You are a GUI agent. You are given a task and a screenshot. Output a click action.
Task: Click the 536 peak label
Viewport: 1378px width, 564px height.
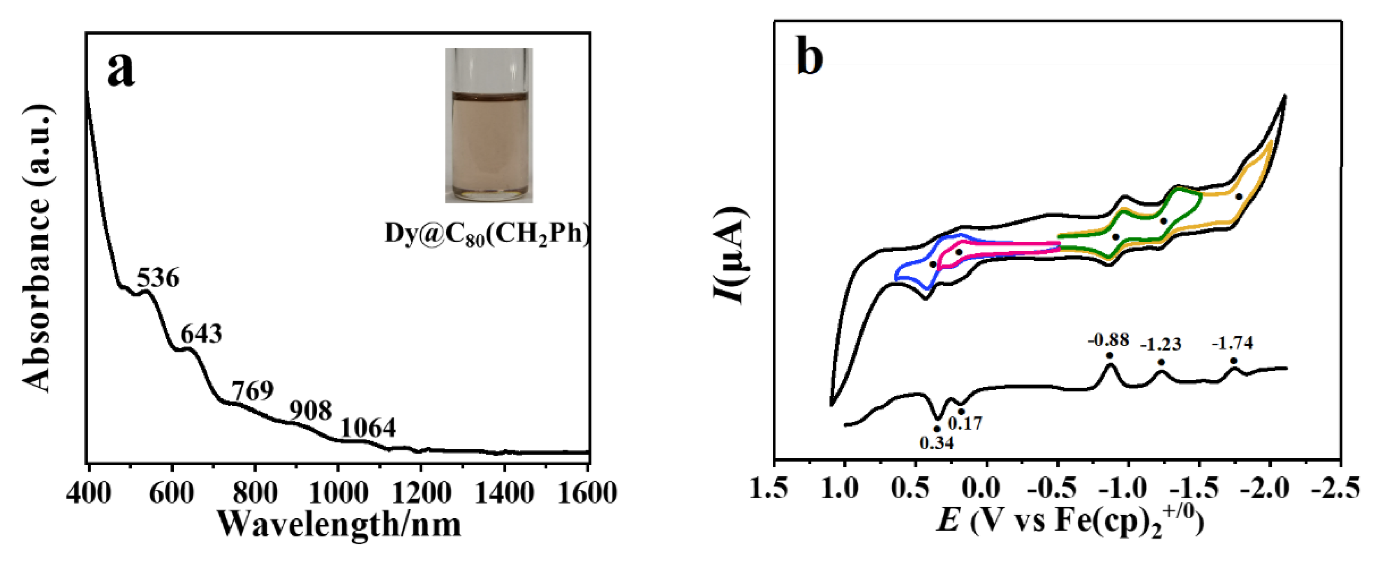[x=158, y=279]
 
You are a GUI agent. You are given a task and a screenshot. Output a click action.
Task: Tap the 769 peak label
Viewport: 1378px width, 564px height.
[x=252, y=391]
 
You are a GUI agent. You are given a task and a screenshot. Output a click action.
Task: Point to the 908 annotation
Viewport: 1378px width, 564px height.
[x=310, y=410]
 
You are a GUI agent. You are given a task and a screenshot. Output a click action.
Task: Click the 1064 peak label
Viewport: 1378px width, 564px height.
[x=368, y=427]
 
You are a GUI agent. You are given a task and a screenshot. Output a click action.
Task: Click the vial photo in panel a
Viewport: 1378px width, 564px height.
[x=488, y=126]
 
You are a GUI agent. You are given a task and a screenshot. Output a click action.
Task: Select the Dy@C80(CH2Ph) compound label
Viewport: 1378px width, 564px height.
[x=487, y=234]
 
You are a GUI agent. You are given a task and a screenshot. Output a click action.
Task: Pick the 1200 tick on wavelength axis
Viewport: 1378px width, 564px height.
[x=421, y=493]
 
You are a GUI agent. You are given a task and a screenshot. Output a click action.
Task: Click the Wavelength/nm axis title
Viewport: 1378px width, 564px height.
[x=340, y=525]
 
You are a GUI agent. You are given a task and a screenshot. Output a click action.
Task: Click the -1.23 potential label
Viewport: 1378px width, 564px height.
[x=1160, y=344]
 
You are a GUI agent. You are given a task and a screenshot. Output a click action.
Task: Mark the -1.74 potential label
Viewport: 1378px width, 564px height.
[x=1232, y=343]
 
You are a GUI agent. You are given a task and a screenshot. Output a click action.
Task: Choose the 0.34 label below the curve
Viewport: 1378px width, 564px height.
[x=937, y=442]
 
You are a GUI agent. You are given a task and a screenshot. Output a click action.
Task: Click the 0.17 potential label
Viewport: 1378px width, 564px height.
[x=965, y=423]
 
